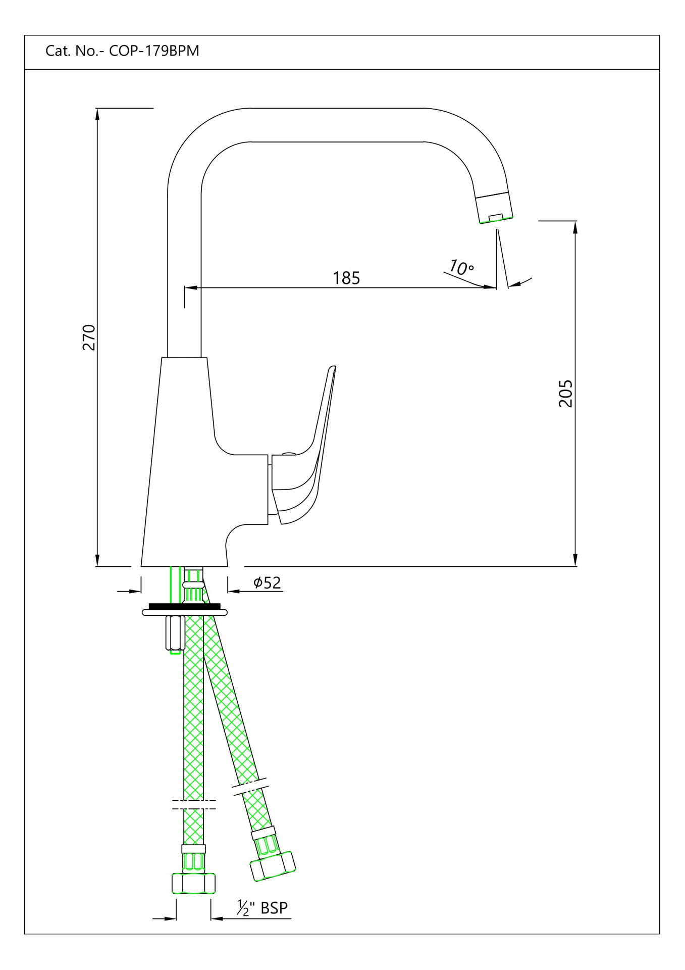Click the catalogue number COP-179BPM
pos(154,51)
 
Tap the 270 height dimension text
pos(89,337)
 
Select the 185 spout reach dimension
pos(346,278)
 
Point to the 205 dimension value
pos(565,393)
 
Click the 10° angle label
pos(461,267)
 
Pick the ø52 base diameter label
pos(267,583)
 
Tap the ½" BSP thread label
pos(262,908)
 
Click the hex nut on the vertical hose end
pos(193,883)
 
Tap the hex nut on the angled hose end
pos(273,866)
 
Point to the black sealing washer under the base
pos(185,606)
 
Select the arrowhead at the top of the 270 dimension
pos(97,114)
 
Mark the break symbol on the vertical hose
pos(194,804)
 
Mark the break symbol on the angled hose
pos(249,786)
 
